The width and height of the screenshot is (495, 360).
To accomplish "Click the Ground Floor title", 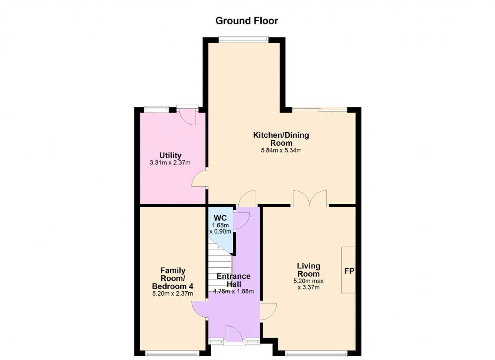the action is (x=247, y=21).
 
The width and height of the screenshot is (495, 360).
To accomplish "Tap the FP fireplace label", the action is (x=349, y=271).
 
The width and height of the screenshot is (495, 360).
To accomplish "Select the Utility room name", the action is (x=171, y=155).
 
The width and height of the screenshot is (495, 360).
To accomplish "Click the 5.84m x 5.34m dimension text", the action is (x=281, y=150).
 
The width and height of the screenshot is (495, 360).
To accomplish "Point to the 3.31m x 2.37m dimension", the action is (x=170, y=163).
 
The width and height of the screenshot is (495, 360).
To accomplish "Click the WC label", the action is (x=220, y=218).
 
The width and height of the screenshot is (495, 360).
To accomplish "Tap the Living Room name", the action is (x=309, y=270).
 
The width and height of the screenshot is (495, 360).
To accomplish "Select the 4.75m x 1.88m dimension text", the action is (x=233, y=292).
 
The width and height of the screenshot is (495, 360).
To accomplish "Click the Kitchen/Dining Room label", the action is (x=281, y=139).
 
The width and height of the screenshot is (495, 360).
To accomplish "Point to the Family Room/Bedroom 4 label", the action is (x=172, y=278).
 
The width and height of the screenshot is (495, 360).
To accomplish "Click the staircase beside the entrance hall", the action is (x=220, y=268).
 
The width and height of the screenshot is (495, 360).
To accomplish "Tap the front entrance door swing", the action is (x=234, y=333).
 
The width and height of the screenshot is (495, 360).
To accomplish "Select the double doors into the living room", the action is (x=310, y=198).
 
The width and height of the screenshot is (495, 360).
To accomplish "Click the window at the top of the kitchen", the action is (x=244, y=39).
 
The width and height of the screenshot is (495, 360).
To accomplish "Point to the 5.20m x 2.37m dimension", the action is (x=172, y=294).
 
